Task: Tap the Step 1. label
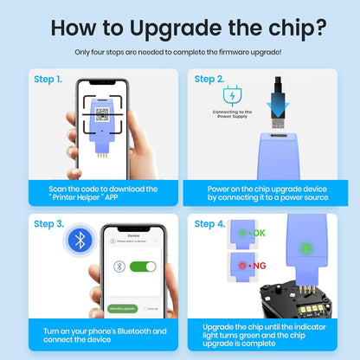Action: tap(48, 79)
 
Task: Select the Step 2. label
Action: tap(209, 79)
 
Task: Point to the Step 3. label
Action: tap(48, 223)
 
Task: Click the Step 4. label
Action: tap(209, 223)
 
